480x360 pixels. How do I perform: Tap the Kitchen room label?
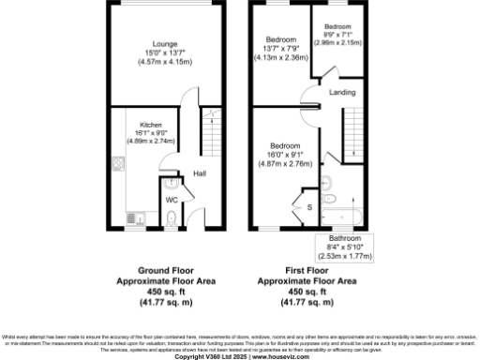pos(151,125)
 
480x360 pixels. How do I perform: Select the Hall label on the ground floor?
pos(200,173)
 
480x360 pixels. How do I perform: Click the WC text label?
pos(172,200)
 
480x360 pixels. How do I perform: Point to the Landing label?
pos(341,92)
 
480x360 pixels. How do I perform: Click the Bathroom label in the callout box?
pos(344,238)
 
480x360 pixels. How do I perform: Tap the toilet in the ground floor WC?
pos(171,217)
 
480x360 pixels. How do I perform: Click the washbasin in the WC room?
pos(166,184)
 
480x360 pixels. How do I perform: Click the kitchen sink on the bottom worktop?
pos(137,220)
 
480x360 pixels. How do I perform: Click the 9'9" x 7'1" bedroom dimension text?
pos(337,34)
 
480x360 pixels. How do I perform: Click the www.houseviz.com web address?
pos(277,356)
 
